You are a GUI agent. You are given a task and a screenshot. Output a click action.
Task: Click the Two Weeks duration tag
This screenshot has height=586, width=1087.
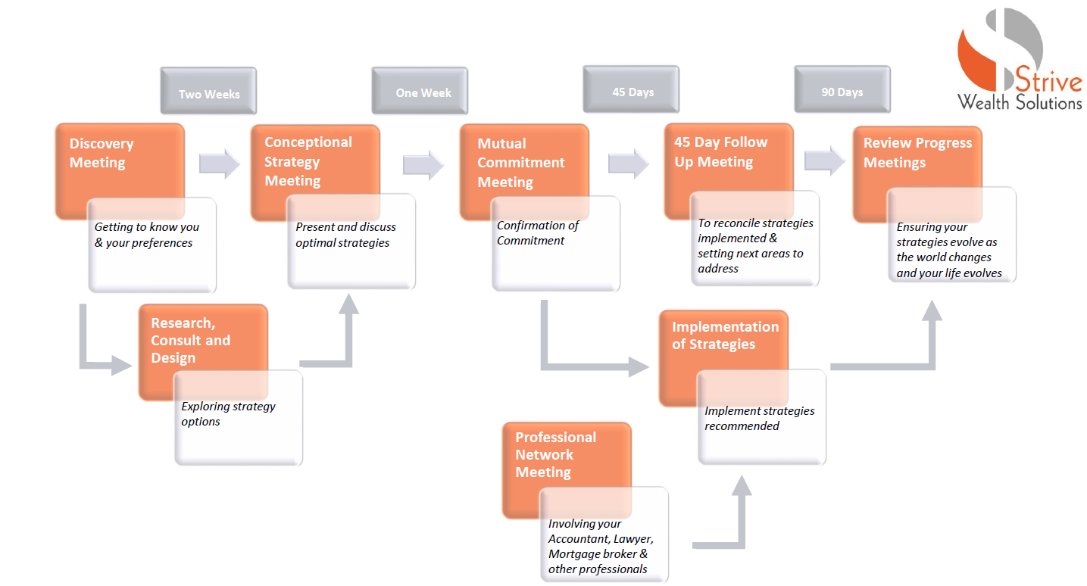pos(209,94)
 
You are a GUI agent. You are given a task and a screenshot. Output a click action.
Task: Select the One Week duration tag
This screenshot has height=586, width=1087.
pos(423,92)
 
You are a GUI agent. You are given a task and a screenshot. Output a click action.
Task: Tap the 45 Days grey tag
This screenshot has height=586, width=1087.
pos(633,92)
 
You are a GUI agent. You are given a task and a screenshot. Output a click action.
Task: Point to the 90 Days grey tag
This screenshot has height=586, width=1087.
pos(842,92)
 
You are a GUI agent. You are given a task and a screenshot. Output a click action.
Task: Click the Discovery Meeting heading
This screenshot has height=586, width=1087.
pos(102,153)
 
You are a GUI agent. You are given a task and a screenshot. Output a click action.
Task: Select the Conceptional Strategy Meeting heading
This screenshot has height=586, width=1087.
pos(308,161)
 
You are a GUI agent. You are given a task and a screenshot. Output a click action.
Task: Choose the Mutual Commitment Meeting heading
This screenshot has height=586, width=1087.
pos(520,163)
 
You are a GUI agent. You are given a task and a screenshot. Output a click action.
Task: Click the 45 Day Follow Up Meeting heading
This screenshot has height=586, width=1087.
pos(720,152)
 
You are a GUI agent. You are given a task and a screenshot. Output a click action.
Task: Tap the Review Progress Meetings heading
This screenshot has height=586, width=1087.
pos(917,152)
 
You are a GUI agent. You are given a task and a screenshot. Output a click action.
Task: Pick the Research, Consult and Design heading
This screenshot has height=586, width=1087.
pos(190,341)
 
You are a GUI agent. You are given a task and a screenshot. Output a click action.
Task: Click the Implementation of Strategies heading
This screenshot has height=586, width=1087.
pos(725,335)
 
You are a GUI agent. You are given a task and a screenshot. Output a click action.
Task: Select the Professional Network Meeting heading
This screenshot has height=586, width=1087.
pos(555,454)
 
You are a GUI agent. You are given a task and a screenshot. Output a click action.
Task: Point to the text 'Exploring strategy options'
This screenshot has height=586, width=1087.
pos(228,413)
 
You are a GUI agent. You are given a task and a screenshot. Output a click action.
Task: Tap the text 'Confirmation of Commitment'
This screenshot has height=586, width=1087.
pos(537,232)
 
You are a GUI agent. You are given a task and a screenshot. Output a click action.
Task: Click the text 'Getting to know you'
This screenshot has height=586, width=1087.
pos(146,227)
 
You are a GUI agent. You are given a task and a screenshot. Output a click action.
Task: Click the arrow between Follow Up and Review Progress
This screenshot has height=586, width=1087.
pos(824,161)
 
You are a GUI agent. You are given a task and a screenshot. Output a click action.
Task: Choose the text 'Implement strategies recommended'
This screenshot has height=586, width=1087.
pos(759,418)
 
